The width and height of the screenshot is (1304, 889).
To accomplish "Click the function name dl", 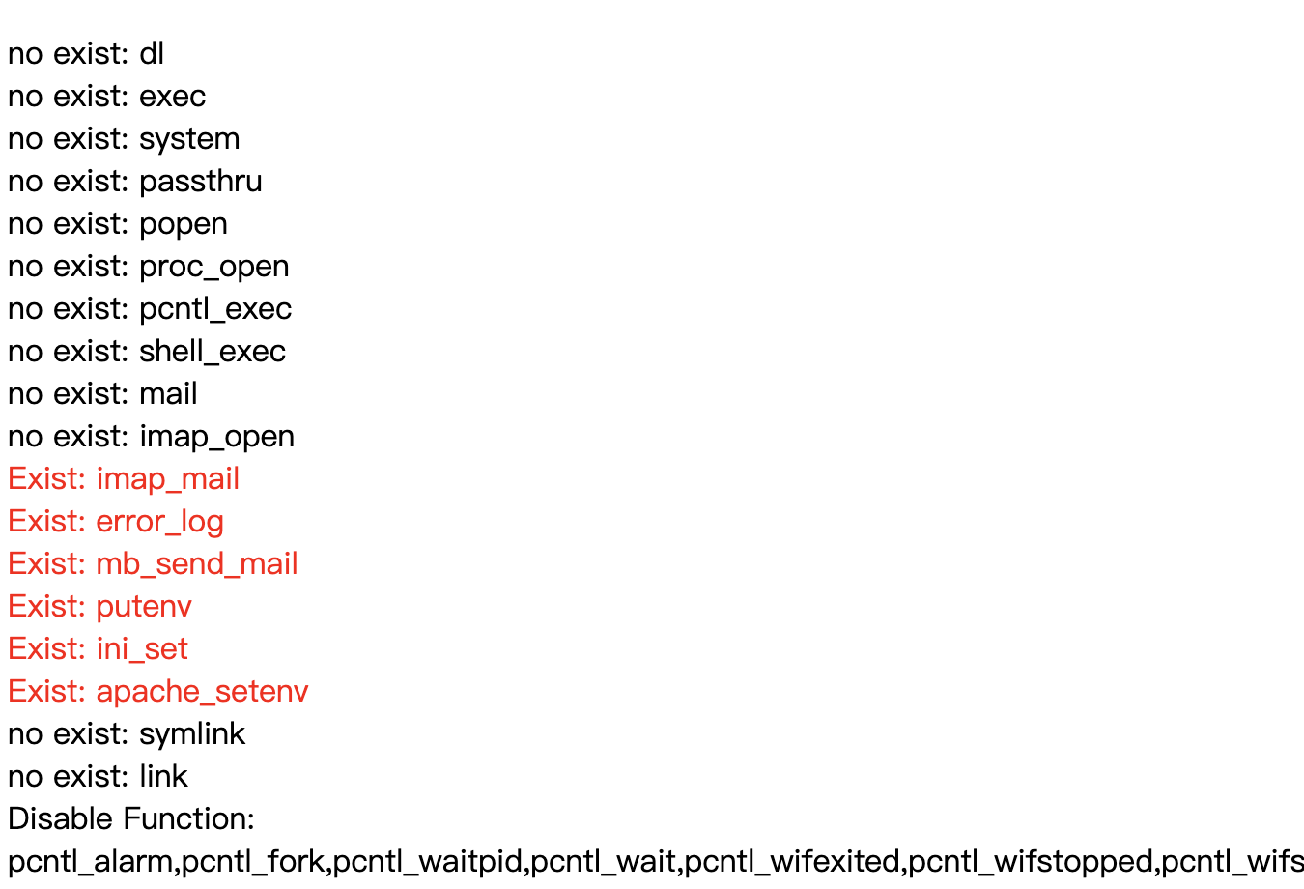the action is pyautogui.click(x=152, y=53).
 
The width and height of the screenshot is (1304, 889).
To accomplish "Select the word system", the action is pyautogui.click(x=189, y=140).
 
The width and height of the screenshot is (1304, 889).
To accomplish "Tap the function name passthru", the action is pyautogui.click(x=201, y=183).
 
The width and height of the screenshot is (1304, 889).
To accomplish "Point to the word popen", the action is pyautogui.click(x=184, y=225).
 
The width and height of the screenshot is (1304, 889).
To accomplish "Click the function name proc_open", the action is pyautogui.click(x=214, y=268).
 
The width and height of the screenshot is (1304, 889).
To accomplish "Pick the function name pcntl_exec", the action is pyautogui.click(x=215, y=309).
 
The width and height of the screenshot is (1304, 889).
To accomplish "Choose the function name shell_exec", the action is pyautogui.click(x=213, y=352).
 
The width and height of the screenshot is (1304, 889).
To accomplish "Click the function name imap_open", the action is pyautogui.click(x=217, y=438).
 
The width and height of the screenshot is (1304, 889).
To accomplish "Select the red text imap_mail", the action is pyautogui.click(x=168, y=479).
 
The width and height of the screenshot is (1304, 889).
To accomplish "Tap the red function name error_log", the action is pyautogui.click(x=160, y=522).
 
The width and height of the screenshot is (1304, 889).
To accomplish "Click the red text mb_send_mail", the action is pyautogui.click(x=197, y=564).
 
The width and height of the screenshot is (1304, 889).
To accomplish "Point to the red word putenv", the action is pyautogui.click(x=144, y=608).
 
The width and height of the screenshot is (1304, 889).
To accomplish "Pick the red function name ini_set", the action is pyautogui.click(x=142, y=649).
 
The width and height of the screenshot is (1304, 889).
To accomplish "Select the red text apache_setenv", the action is pyautogui.click(x=202, y=692).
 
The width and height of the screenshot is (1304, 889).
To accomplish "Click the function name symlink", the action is pyautogui.click(x=192, y=734).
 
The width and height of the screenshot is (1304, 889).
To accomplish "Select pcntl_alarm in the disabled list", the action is pyautogui.click(x=90, y=863).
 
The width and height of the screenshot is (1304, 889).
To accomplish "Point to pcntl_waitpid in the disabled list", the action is pyautogui.click(x=427, y=863).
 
